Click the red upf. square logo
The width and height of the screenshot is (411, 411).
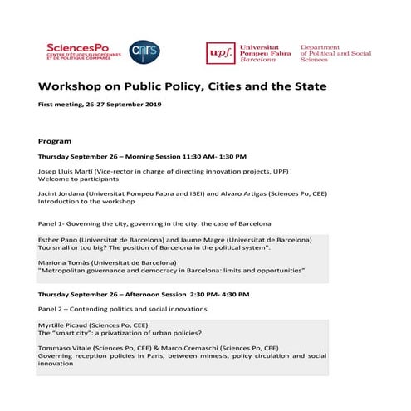click(x=221, y=53)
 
